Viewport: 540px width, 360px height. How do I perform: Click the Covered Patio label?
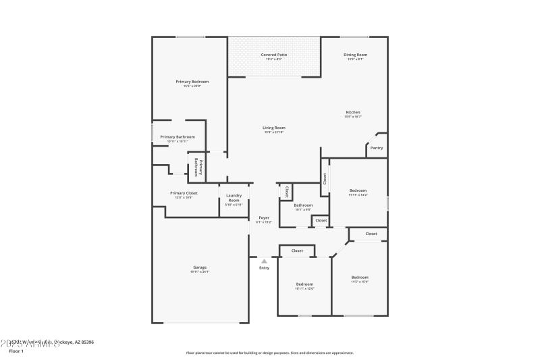coord(274,54)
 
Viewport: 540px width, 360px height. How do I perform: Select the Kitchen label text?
coord(353,112)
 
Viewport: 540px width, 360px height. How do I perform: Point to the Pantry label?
coord(377,148)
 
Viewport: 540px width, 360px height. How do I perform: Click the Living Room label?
coord(274,128)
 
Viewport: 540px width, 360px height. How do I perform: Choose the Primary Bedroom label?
coord(192,82)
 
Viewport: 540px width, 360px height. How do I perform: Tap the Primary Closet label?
coord(184,192)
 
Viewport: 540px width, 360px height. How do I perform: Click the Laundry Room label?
coord(234,198)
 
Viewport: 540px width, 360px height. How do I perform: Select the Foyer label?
coord(264,217)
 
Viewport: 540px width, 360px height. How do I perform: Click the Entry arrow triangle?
coord(264,261)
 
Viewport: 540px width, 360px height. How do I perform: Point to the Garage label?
coord(200,267)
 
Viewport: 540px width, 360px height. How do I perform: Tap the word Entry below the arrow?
coord(264,268)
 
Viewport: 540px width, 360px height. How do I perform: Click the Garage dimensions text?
coord(200,272)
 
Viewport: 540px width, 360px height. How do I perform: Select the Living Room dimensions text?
coord(274,132)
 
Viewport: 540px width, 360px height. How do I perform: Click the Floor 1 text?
coord(16,351)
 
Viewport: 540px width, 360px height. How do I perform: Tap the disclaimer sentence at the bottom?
coord(269,353)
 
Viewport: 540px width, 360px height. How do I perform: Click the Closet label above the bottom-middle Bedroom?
coord(297,251)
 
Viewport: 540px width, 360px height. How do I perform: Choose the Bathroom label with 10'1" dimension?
coord(303,205)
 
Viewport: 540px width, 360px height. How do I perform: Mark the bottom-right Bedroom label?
coord(360,278)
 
